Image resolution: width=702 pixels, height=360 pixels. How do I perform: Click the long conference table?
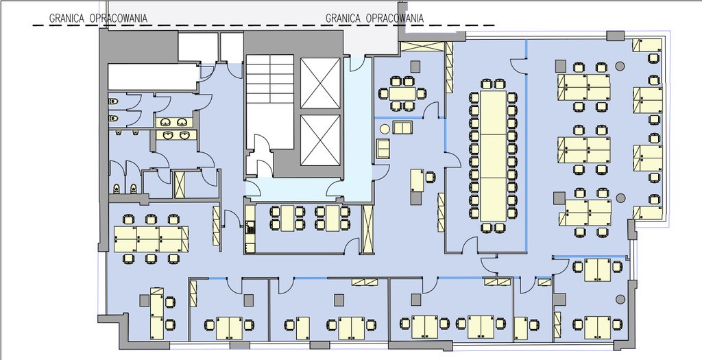point(494,156)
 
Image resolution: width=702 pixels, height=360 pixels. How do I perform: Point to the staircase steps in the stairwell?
point(269,79)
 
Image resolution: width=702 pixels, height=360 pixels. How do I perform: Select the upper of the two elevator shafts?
point(319,83)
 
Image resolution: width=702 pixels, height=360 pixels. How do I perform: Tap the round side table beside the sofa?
point(385,129)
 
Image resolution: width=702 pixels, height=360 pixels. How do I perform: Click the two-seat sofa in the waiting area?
point(403,127)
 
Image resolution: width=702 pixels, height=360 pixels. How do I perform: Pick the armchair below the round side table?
point(383,149)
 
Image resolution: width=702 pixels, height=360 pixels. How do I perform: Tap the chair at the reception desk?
point(430,178)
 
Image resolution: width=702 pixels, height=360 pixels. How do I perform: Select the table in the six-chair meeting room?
point(402,93)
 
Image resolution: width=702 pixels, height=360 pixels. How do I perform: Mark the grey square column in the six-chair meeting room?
point(415,67)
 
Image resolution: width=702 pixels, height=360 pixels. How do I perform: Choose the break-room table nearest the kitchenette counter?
point(287,218)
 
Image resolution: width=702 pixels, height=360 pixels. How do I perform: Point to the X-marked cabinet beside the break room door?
point(367,228)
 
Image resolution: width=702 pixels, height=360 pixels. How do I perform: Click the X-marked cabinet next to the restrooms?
point(180,184)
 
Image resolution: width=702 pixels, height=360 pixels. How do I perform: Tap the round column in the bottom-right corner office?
point(620,299)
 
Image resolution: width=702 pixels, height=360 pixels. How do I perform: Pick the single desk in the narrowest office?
point(521,328)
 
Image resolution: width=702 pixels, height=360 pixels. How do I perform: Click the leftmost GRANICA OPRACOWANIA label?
point(98,19)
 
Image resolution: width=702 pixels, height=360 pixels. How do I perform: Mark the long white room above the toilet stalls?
point(153,77)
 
